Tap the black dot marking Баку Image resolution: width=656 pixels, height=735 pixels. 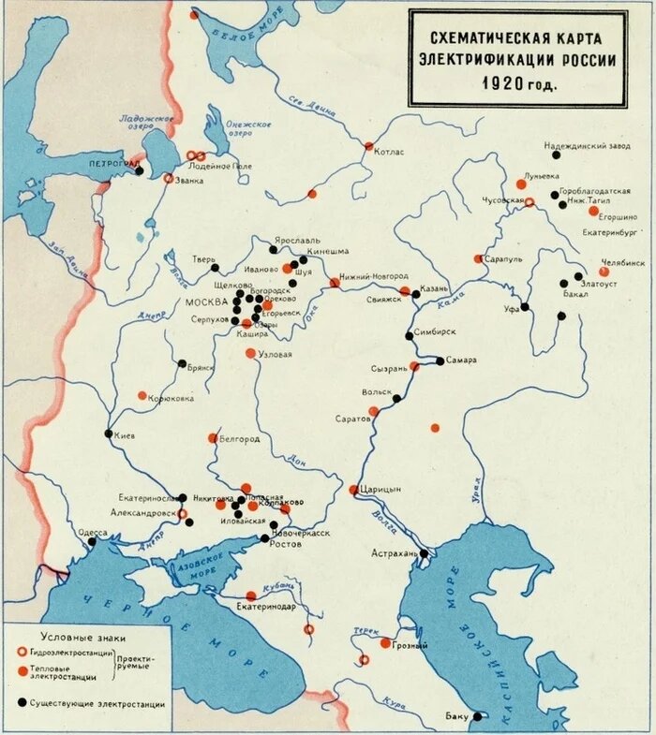(478, 716)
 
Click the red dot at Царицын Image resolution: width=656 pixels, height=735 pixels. (354, 490)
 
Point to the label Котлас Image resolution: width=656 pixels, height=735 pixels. (389, 151)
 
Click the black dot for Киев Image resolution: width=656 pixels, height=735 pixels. (109, 434)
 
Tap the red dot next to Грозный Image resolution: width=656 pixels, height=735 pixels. (385, 643)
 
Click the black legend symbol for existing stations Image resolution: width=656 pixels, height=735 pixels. (21, 702)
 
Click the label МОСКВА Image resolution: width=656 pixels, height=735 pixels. (206, 302)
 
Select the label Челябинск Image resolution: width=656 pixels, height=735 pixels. (622, 263)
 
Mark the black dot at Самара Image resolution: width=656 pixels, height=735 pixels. (440, 360)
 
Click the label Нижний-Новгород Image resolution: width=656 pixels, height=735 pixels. (374, 276)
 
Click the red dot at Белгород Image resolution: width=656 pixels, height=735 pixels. (213, 438)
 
